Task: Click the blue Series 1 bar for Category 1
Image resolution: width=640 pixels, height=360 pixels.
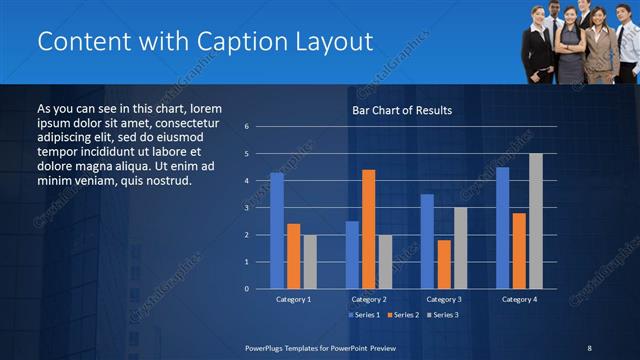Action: click(x=277, y=231)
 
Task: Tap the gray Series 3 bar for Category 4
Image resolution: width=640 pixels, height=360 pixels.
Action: click(x=536, y=221)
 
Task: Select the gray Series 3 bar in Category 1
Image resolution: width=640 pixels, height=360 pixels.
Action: click(x=310, y=261)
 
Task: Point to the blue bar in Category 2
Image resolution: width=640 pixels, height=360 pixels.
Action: click(x=352, y=255)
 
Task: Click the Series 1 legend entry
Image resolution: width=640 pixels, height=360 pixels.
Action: click(x=364, y=315)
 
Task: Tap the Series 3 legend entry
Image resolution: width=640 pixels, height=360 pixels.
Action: click(x=442, y=315)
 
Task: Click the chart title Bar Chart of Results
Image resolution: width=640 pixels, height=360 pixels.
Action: click(x=402, y=110)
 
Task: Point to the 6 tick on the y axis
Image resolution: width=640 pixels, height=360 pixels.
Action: click(x=247, y=127)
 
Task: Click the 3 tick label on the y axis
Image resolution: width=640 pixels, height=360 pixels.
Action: click(x=247, y=208)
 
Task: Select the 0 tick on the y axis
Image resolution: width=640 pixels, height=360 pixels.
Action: click(x=247, y=289)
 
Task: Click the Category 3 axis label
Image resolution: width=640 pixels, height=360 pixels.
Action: click(x=444, y=299)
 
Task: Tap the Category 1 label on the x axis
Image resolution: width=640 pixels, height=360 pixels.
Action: click(x=293, y=299)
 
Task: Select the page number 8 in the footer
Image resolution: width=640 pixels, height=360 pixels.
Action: click(x=589, y=347)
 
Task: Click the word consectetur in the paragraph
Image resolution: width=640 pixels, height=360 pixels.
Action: click(x=178, y=120)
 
